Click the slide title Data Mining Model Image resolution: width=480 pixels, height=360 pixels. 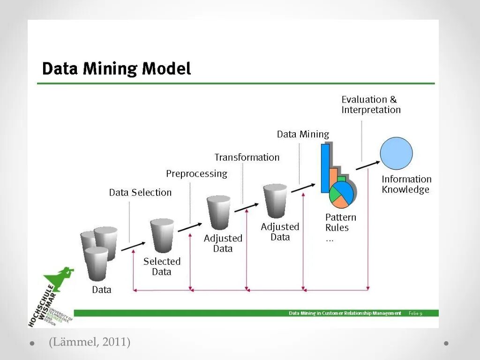coord(117,69)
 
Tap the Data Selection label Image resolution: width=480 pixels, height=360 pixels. coord(140,193)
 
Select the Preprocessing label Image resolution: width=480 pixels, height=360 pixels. coord(196,174)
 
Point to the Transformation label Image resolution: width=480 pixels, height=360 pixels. coord(247,157)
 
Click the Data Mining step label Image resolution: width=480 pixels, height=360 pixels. coord(303,135)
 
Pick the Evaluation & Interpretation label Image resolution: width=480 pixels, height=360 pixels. coord(371,105)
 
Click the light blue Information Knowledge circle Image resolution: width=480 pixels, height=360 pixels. coord(396,153)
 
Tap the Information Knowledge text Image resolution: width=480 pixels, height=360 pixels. coord(406,184)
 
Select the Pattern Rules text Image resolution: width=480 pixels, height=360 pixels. coord(340,223)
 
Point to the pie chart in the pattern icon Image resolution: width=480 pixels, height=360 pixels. coord(341,195)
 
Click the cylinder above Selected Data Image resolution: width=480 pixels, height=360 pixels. coord(162,235)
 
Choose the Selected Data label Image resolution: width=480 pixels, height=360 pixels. coord(162,266)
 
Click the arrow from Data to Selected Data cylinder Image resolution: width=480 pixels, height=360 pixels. coord(133,246)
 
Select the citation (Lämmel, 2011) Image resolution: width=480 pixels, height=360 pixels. coord(89,342)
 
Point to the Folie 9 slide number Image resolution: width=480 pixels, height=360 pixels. coord(415,313)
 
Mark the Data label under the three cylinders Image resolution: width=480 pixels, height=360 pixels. coord(101,290)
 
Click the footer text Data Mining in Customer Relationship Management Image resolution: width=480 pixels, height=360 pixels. coord(345,313)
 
